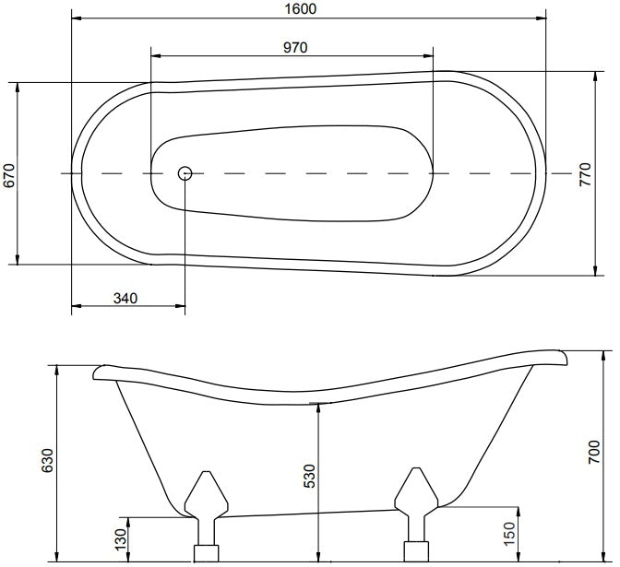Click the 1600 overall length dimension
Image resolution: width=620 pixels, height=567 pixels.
point(301,8)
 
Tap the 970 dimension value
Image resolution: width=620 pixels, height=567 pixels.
point(295,47)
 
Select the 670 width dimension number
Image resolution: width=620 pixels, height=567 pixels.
point(8,175)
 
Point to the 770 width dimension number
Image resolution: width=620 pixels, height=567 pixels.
point(585,174)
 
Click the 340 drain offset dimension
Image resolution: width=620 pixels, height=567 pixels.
point(125,298)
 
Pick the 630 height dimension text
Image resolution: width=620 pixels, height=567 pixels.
point(47,460)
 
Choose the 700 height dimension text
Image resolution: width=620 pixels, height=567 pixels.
point(594,452)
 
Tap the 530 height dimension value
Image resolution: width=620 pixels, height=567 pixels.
point(310,476)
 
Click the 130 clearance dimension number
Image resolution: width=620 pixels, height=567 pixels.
point(121,538)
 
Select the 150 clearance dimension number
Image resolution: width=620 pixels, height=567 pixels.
point(510,534)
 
